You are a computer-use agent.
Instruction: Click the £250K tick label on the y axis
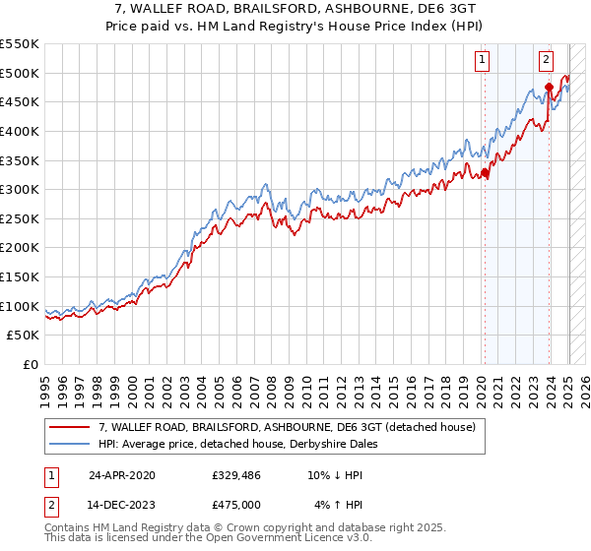19,218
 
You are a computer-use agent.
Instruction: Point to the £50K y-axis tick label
23,335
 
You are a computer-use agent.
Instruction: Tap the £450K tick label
19,101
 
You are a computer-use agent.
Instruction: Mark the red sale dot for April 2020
485,173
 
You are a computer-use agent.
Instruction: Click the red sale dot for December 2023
549,89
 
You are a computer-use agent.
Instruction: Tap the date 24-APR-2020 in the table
121,475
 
